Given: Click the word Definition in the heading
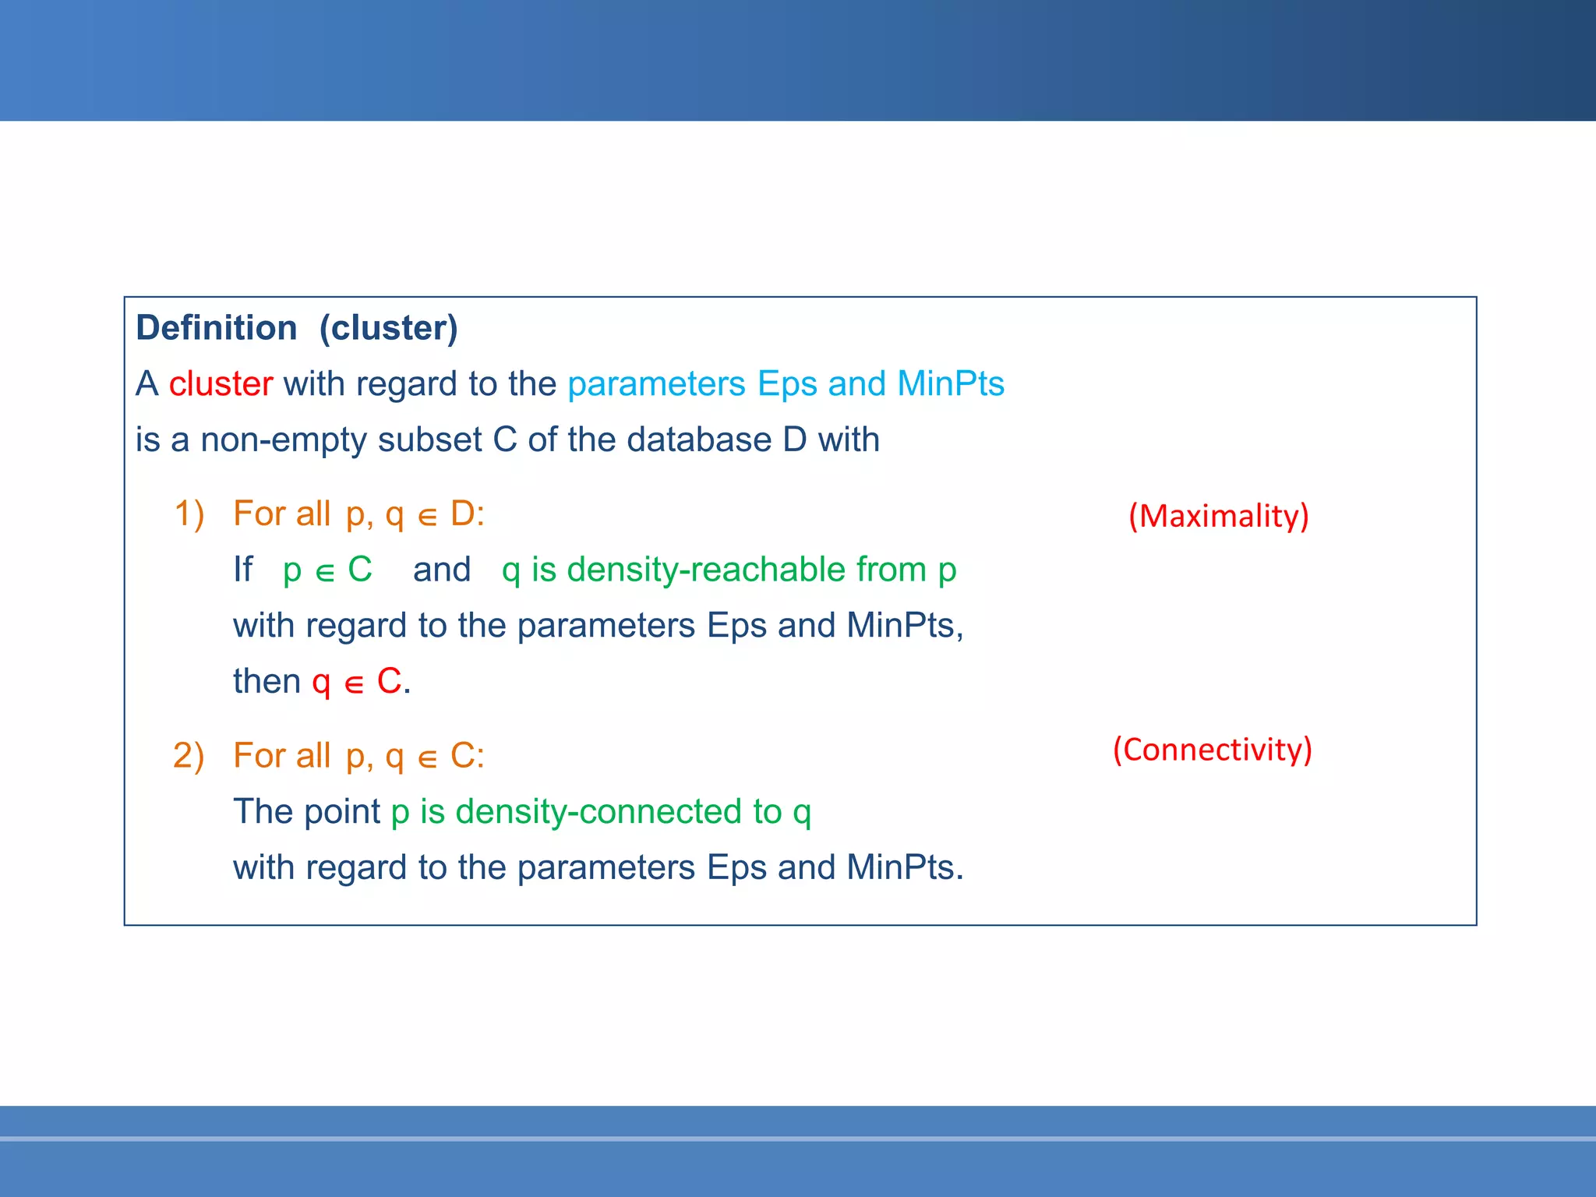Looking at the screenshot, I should [217, 328].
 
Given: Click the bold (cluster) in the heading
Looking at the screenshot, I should [388, 328].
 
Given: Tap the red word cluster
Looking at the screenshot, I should [221, 384].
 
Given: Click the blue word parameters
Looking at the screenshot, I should [656, 384].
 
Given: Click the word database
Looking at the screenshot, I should [699, 440].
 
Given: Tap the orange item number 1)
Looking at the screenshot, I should [189, 514].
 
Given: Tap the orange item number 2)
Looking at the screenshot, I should [189, 756].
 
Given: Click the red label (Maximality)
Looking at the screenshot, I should [1218, 516].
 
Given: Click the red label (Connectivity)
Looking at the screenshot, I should [1212, 750].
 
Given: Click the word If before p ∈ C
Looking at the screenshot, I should [243, 570].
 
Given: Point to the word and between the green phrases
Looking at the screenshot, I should [442, 570].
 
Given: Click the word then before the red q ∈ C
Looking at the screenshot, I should [267, 682].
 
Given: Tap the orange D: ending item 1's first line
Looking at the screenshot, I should [467, 514].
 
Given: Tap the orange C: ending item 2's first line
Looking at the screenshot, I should [467, 756].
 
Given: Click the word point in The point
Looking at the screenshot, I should [342, 812].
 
